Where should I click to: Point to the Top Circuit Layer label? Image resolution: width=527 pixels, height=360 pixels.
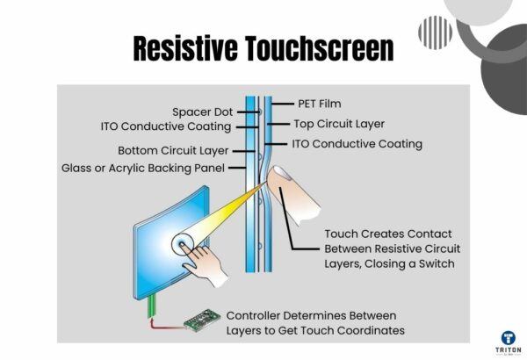click(322, 125)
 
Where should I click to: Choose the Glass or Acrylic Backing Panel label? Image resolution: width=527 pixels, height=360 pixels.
click(143, 168)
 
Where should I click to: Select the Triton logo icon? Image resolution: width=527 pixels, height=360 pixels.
click(508, 336)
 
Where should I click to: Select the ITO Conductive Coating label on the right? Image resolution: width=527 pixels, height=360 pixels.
click(343, 143)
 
